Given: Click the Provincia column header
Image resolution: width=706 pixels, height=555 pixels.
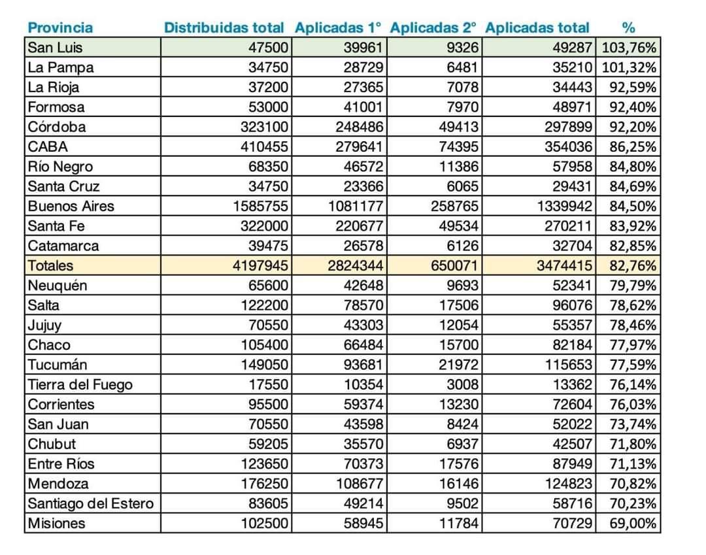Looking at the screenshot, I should pos(60,27).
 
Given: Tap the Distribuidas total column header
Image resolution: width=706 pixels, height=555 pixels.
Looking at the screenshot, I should pos(224,27).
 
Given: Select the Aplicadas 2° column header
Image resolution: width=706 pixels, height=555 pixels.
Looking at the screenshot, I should pos(433,27).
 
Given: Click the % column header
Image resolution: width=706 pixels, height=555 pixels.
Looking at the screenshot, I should pos(628,27).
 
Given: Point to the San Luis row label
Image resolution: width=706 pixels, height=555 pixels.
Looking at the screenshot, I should pos(56,47).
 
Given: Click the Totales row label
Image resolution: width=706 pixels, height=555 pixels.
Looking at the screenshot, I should pos(50,265).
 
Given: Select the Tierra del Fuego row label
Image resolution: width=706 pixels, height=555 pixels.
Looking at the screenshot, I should pos(80,384).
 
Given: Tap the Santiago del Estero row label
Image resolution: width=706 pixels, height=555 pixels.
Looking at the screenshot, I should pos(90,503).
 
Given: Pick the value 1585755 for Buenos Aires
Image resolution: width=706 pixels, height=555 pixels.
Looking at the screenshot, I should pos(260,206).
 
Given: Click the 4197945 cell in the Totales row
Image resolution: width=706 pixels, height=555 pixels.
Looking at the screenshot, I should pos(260,265).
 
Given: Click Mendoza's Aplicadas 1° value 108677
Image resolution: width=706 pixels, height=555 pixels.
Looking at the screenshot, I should pos(356,484).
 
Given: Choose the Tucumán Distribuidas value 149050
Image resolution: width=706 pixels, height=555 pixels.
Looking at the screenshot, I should pos(264,365).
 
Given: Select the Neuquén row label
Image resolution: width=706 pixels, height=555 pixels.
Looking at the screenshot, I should pos(57,286).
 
